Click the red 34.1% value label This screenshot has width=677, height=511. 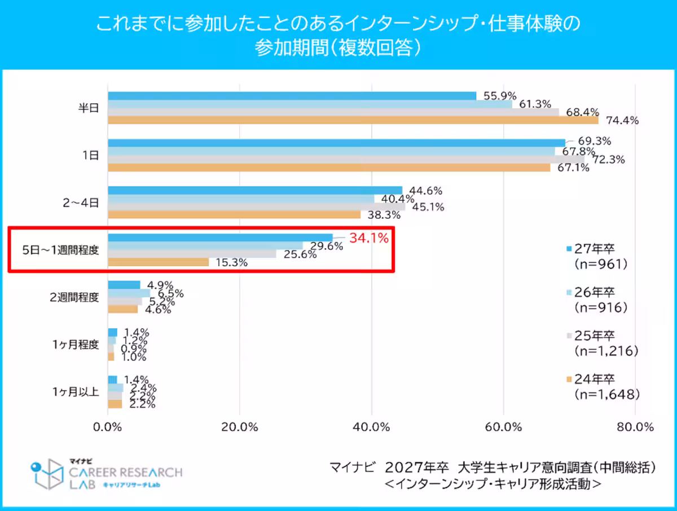coord(369,238)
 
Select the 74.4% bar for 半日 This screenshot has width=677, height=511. coord(353,120)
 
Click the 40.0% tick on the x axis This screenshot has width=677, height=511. coord(371,426)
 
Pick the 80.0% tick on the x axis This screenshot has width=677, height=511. coord(635,426)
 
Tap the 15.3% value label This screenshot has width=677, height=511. coord(231,263)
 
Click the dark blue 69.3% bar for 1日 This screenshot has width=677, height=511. coord(336,143)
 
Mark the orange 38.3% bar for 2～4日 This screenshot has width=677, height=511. coord(234,214)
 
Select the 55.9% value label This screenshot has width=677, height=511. coord(499,96)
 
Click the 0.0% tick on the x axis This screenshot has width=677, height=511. coord(108,426)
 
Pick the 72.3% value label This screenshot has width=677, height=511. coord(609,160)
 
